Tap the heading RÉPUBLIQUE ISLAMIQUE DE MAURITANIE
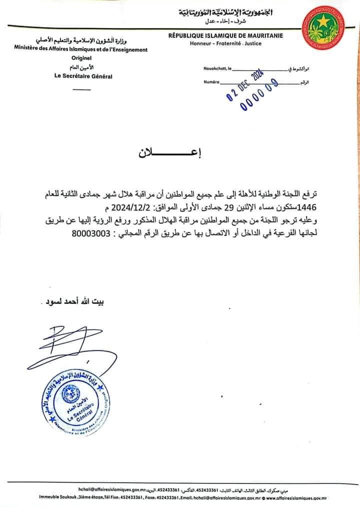pos(225,36)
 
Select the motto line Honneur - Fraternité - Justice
pos(225,43)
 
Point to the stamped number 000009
pos(259,95)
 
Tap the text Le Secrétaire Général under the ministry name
pos(83,76)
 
